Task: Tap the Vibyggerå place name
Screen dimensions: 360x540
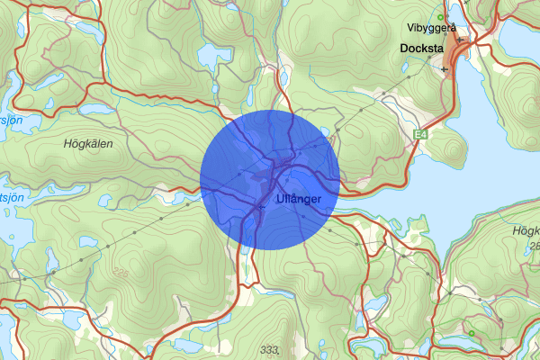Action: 431,28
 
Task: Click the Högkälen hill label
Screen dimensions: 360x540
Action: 91,143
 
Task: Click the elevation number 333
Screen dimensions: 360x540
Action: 268,349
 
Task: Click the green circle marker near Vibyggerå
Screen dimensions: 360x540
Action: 440,17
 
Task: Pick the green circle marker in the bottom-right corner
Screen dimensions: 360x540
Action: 471,334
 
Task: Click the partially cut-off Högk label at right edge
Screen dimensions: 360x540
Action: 525,230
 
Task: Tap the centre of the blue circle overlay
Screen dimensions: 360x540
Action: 270,179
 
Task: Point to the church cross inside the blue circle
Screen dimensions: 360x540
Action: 261,207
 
